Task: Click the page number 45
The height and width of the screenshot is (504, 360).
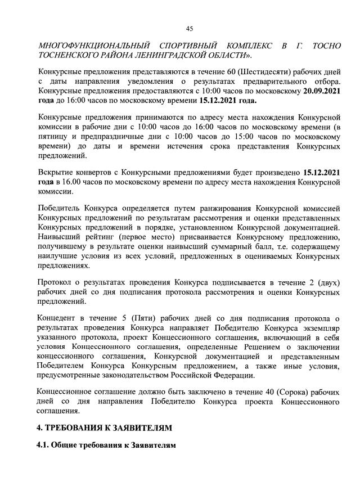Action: [x=189, y=29]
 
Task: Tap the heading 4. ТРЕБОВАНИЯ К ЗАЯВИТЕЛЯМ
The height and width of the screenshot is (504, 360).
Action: [x=104, y=428]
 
